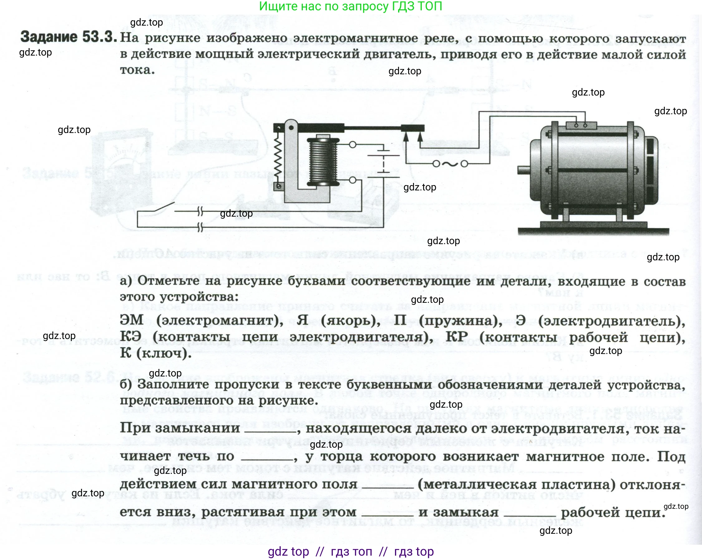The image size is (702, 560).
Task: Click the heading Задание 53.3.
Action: point(69,37)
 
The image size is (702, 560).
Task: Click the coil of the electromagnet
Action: point(323,162)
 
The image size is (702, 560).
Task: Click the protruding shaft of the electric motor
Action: point(524,170)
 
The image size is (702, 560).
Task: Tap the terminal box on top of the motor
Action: point(581,125)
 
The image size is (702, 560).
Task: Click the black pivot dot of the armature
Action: point(291,127)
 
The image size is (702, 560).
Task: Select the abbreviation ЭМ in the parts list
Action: point(132,320)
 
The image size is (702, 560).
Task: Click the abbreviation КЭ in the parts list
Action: point(130,336)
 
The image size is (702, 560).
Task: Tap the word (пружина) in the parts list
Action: point(461,321)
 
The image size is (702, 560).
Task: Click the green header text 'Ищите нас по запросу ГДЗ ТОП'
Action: point(351,7)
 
